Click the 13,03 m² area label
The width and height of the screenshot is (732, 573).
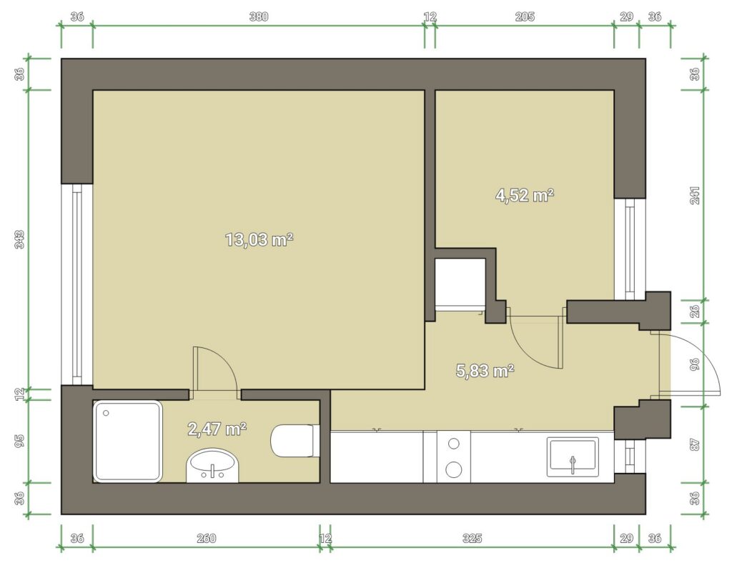pyautogui.click(x=259, y=240)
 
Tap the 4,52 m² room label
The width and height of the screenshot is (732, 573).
pyautogui.click(x=525, y=195)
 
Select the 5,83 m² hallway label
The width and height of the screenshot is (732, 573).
pyautogui.click(x=485, y=371)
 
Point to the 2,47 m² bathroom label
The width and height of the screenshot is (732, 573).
pyautogui.click(x=217, y=429)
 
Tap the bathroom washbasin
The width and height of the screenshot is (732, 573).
pyautogui.click(x=212, y=466)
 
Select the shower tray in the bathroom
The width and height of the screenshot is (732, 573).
pyautogui.click(x=127, y=441)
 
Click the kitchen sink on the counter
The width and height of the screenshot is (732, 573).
pyautogui.click(x=573, y=457)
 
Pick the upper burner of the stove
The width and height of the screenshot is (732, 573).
pyautogui.click(x=453, y=444)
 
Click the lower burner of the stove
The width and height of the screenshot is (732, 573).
pyautogui.click(x=454, y=469)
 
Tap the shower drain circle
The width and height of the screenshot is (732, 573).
pyautogui.click(x=106, y=413)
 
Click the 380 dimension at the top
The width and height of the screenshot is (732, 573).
pyautogui.click(x=259, y=17)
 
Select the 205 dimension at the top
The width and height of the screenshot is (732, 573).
pyautogui.click(x=525, y=17)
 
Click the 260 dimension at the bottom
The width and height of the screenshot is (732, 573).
pyautogui.click(x=206, y=539)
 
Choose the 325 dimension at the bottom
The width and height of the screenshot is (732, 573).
pyautogui.click(x=472, y=539)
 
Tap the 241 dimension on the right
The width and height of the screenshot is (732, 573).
pyautogui.click(x=695, y=195)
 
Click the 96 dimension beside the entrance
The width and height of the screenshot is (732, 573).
pyautogui.click(x=695, y=364)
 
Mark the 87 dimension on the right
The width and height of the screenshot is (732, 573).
pyautogui.click(x=695, y=444)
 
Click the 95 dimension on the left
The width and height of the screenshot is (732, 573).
pyautogui.click(x=19, y=441)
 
